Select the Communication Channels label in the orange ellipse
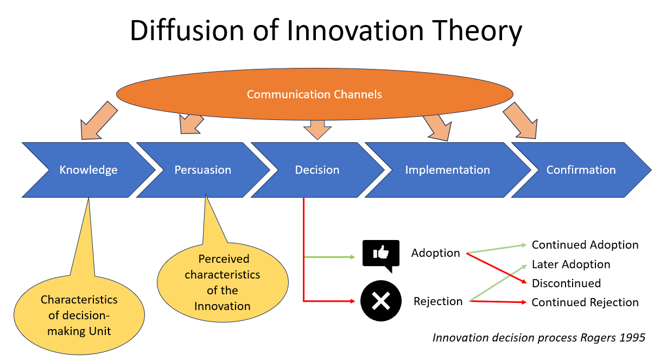click(x=314, y=94)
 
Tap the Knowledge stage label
click(x=88, y=170)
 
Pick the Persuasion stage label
click(x=202, y=170)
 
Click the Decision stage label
click(x=317, y=170)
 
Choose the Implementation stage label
click(x=448, y=170)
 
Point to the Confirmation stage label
click(x=581, y=170)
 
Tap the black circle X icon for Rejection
click(x=381, y=301)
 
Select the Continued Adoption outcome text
click(x=585, y=245)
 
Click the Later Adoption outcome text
click(x=571, y=264)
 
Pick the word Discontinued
click(x=566, y=283)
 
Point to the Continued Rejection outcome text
click(x=585, y=302)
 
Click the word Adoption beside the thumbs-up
click(x=435, y=253)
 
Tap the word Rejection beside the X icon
click(x=438, y=301)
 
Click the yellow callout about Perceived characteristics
click(x=223, y=282)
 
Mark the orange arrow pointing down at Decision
click(x=318, y=130)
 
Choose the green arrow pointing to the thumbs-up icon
click(x=329, y=257)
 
